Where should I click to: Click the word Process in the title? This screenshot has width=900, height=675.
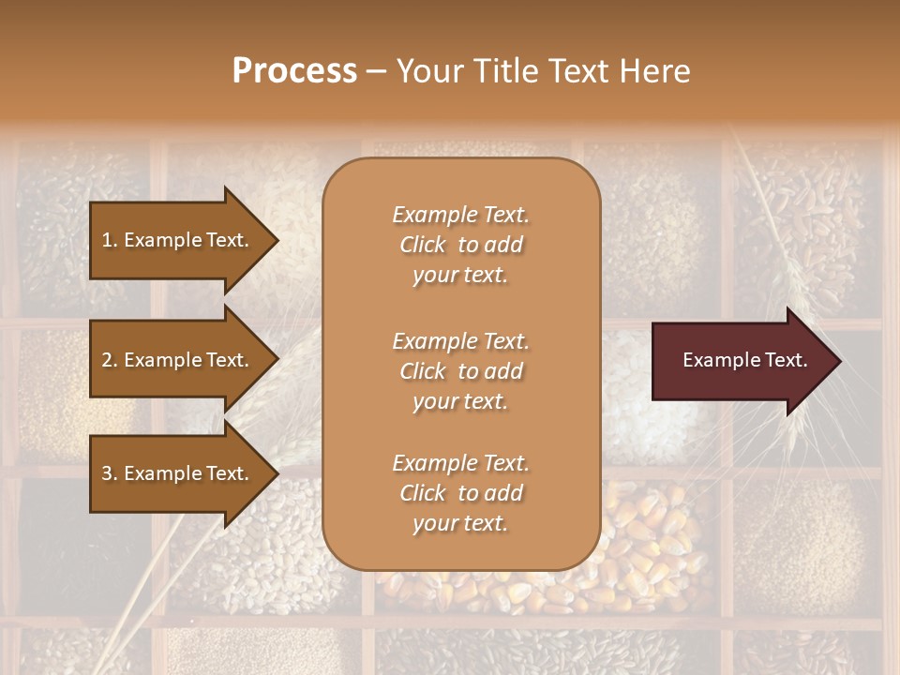[x=294, y=71]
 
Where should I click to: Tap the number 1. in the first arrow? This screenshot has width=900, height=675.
[x=110, y=240]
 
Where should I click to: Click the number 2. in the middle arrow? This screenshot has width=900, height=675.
[x=110, y=360]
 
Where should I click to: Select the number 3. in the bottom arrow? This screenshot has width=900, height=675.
[x=110, y=473]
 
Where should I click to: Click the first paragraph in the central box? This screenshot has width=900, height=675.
[x=460, y=245]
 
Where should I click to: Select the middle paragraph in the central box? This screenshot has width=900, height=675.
[x=460, y=371]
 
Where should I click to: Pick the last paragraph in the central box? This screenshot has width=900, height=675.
[x=460, y=493]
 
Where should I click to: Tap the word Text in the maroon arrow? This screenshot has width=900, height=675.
[x=787, y=360]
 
